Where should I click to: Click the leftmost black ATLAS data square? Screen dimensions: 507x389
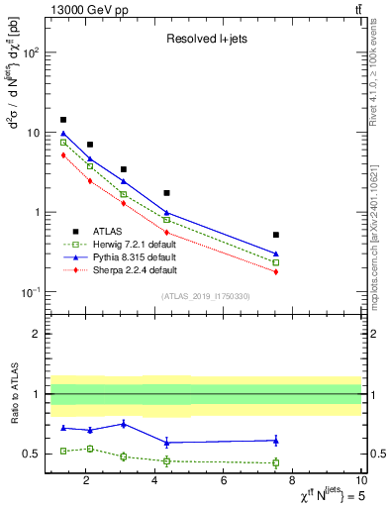coord(63,120)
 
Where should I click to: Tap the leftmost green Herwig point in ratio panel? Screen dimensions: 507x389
coord(63,451)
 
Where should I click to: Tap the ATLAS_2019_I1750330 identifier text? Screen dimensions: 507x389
coord(205,295)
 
